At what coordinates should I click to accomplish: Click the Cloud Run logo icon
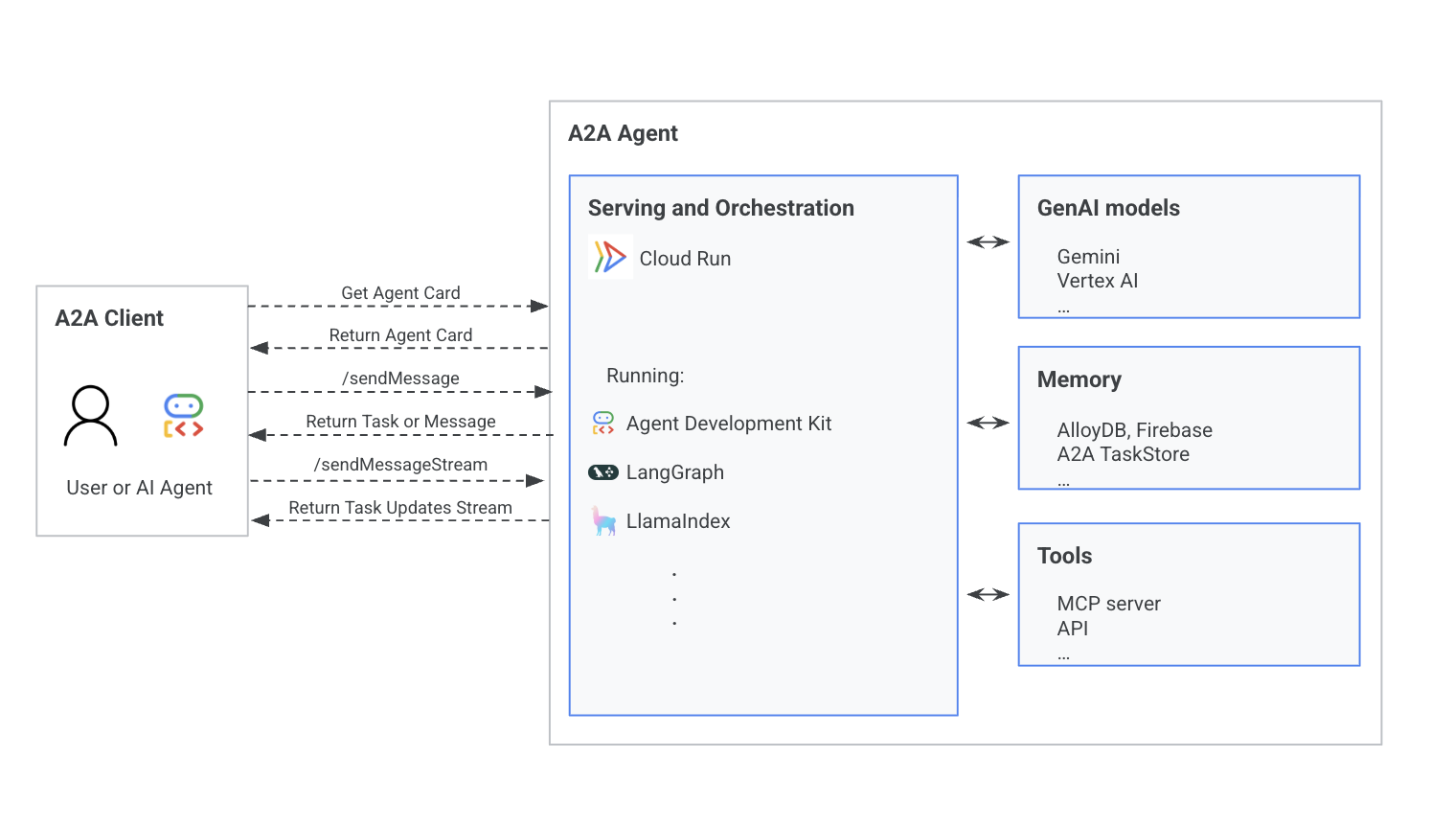(x=610, y=257)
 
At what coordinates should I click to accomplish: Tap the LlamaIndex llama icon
(x=603, y=521)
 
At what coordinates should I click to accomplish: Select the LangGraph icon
(x=603, y=471)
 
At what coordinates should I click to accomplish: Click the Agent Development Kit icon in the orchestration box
(x=603, y=423)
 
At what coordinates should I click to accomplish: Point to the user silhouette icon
(x=91, y=416)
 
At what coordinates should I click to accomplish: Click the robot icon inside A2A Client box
(x=183, y=416)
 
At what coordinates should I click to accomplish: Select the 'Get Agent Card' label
(x=400, y=293)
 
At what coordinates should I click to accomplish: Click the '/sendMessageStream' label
(x=400, y=465)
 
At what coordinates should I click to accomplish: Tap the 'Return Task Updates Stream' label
(x=400, y=508)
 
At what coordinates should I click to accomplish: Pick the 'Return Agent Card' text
(x=400, y=335)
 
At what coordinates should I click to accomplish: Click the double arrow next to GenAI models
(x=988, y=242)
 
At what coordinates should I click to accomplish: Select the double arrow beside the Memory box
(x=988, y=423)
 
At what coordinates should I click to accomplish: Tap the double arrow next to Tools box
(x=988, y=594)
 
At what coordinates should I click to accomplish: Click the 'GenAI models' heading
(x=1108, y=208)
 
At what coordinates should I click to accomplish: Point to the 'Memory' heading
(x=1079, y=379)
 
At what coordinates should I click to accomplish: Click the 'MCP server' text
(x=1108, y=604)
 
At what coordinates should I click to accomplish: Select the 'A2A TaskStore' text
(x=1123, y=454)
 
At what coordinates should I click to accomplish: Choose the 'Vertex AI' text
(x=1097, y=281)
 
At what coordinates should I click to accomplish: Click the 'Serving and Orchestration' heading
(x=720, y=208)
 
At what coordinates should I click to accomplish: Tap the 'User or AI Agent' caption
(x=139, y=488)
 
